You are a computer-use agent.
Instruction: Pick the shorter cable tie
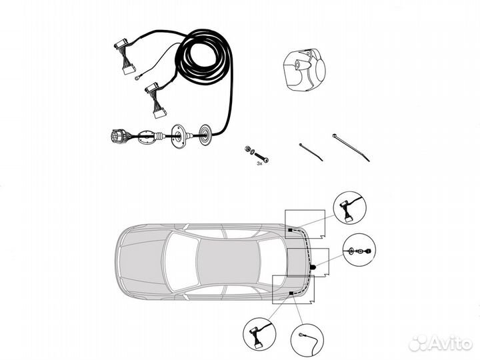tap(310, 151)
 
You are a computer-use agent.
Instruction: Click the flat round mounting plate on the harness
tap(177, 137)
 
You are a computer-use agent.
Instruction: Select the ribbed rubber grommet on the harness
tap(205, 135)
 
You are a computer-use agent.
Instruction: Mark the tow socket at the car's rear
tap(313, 267)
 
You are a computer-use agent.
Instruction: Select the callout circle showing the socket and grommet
tap(358, 251)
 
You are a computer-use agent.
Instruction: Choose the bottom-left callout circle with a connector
tap(257, 335)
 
